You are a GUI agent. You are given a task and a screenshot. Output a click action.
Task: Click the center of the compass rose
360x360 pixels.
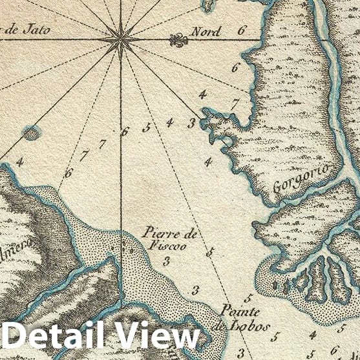coord(121,41)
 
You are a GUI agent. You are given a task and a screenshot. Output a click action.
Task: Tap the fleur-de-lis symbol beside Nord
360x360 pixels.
coord(178,41)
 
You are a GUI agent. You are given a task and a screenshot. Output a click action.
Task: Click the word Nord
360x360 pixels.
coord(206,31)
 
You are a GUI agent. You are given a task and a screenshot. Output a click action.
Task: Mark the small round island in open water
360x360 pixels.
coord(30,134)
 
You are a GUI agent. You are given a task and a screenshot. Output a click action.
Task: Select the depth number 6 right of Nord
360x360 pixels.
coord(242,30)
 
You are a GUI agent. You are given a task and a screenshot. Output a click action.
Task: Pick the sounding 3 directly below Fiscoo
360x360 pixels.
coord(166,261)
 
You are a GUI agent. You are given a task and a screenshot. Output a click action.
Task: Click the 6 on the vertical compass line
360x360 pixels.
coord(125,131)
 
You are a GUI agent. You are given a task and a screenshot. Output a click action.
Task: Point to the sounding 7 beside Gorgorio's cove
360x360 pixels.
coord(235,103)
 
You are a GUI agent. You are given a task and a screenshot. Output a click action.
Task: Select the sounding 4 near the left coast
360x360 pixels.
coord(19,162)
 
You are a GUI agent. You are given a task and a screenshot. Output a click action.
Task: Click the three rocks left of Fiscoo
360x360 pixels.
coord(123,249)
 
